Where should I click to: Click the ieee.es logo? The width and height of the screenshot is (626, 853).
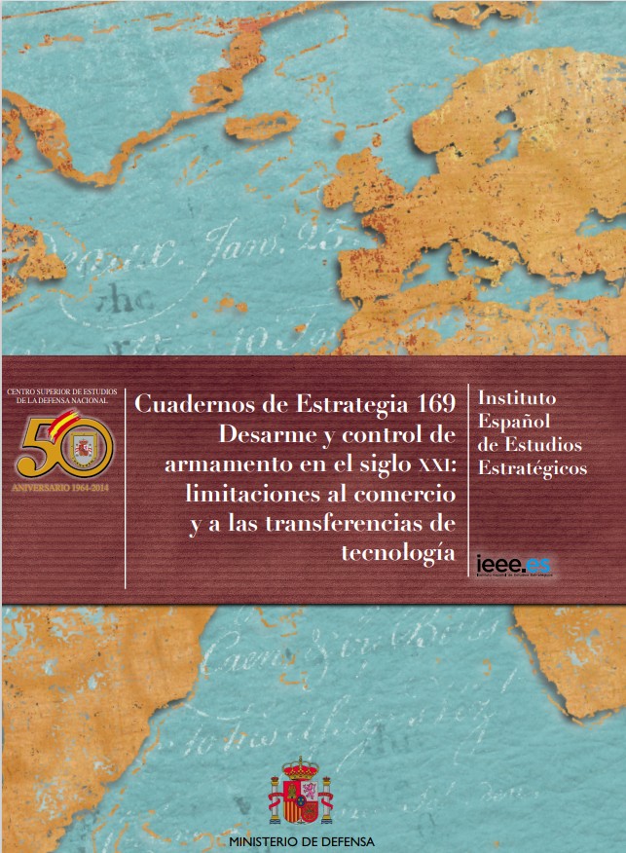click(x=514, y=564)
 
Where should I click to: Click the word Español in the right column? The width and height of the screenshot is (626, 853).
click(x=512, y=422)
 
